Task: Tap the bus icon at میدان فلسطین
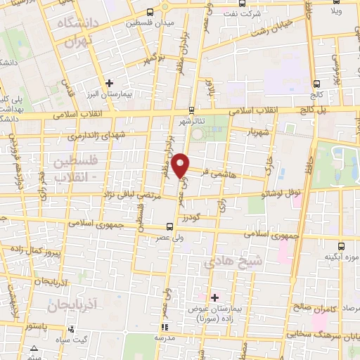point(150,13)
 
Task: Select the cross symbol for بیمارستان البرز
point(107,83)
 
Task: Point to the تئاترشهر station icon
point(191,110)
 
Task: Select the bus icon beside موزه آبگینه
point(341,246)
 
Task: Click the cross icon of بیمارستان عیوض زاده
point(214,297)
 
